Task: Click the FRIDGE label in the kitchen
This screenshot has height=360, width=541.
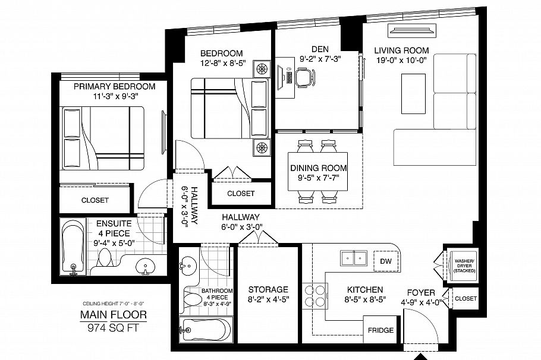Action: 380,330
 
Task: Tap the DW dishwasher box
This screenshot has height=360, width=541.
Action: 386,261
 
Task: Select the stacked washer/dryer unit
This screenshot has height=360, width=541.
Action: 464,266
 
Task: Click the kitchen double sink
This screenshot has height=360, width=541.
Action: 353,258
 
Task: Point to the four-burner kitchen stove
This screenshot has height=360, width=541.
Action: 314,295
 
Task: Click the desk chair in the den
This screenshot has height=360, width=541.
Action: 304,77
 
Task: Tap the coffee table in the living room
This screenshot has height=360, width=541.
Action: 413,93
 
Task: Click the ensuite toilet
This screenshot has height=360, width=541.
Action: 105,258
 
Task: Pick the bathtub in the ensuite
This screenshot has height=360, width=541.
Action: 73,246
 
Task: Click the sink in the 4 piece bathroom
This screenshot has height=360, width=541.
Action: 188,266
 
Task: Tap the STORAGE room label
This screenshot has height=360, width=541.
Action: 268,289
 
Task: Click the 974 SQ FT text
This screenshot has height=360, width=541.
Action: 113,327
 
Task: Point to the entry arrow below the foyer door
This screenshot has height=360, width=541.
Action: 420,356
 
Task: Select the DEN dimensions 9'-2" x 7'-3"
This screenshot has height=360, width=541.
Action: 320,59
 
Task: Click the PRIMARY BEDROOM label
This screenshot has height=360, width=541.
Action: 115,86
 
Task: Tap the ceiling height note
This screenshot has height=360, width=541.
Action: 113,304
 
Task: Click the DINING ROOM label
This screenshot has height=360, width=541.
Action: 319,168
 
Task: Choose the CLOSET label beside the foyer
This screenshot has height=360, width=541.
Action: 465,299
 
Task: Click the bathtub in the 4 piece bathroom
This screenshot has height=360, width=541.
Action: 206,329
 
